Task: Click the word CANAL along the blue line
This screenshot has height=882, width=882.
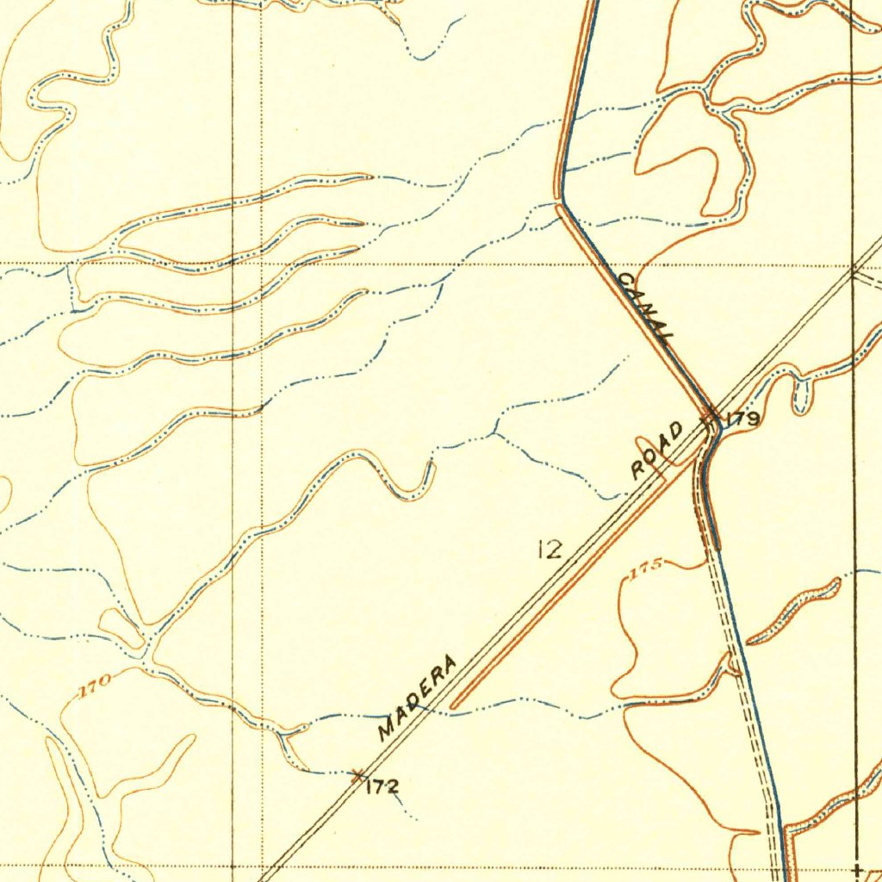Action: coord(643,307)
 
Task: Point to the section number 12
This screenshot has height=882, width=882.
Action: coord(549,549)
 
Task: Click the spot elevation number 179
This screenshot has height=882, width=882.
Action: coord(742,420)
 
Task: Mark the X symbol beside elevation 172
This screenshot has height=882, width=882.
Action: coord(357,775)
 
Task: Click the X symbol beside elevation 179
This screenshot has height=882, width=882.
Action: coord(710,419)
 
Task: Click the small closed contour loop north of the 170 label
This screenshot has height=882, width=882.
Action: coord(121,629)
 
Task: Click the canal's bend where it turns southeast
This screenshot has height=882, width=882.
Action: coord(562,202)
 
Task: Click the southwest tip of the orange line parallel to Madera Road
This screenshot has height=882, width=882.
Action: coord(453,706)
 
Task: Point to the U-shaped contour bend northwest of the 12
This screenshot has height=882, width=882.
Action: coord(413,487)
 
